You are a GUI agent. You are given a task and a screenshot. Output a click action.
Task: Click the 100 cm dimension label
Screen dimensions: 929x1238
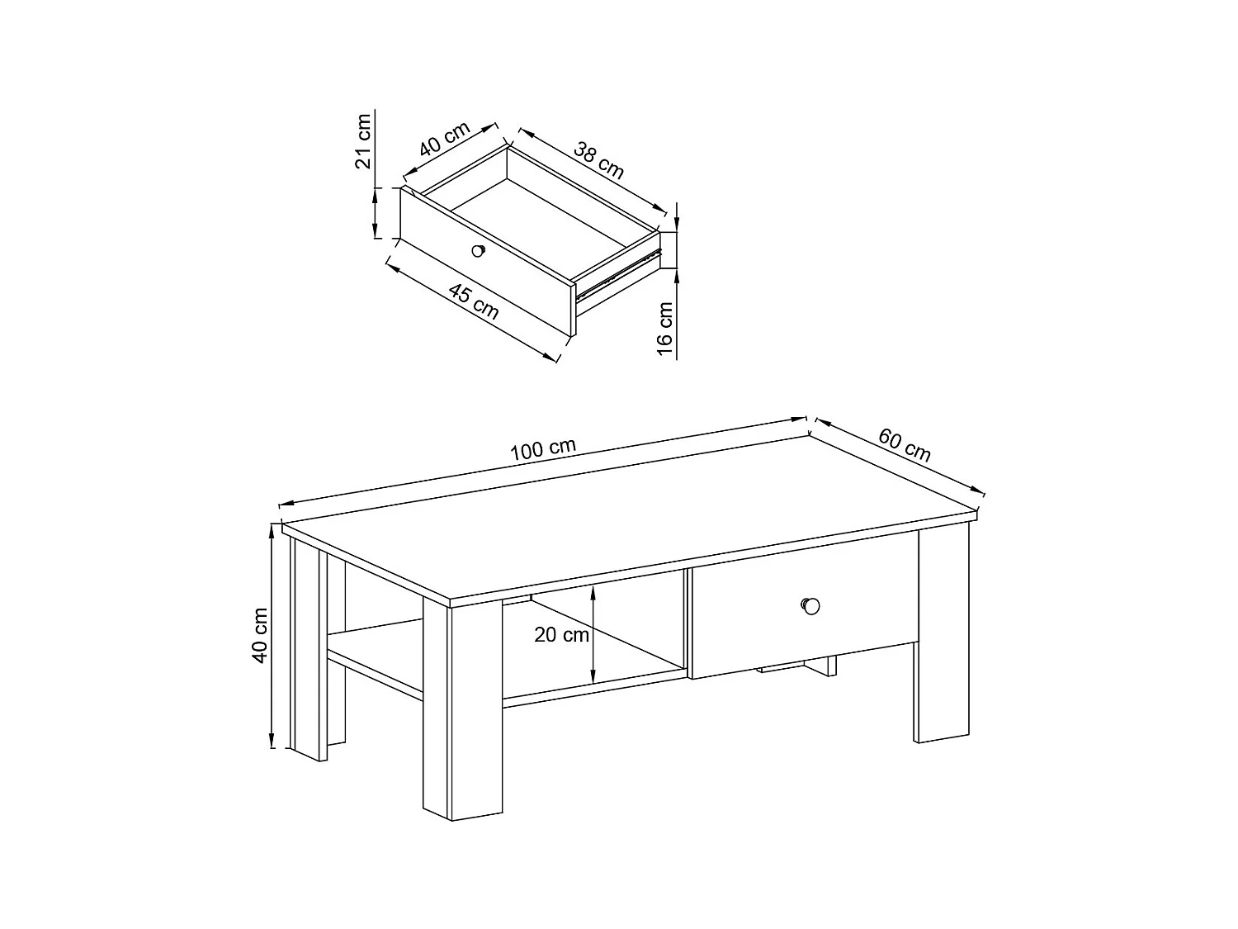pyautogui.click(x=542, y=449)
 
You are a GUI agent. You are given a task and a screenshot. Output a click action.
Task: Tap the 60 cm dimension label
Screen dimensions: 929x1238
pyautogui.click(x=904, y=445)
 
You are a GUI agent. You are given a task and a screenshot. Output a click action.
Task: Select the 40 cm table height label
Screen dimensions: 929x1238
pyautogui.click(x=259, y=635)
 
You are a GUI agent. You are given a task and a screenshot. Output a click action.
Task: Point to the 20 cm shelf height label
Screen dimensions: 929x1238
pyautogui.click(x=561, y=635)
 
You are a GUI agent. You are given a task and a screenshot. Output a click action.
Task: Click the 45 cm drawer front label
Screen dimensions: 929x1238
pyautogui.click(x=474, y=301)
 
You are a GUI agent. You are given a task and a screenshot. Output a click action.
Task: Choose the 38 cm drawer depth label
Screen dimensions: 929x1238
pyautogui.click(x=599, y=162)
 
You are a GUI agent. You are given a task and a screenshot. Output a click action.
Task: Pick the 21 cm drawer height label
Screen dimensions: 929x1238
pyautogui.click(x=363, y=141)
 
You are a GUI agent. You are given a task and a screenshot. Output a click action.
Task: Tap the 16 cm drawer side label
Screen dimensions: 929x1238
pyautogui.click(x=665, y=328)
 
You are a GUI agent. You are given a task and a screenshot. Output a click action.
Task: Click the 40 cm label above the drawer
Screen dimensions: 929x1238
pyautogui.click(x=444, y=139)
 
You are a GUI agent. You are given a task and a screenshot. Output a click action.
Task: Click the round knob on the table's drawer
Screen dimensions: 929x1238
pyautogui.click(x=810, y=606)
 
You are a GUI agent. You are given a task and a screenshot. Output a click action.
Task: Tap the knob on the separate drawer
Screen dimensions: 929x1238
pyautogui.click(x=478, y=251)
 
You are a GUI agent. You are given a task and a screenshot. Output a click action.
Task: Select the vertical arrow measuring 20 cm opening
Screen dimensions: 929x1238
pyautogui.click(x=593, y=635)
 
